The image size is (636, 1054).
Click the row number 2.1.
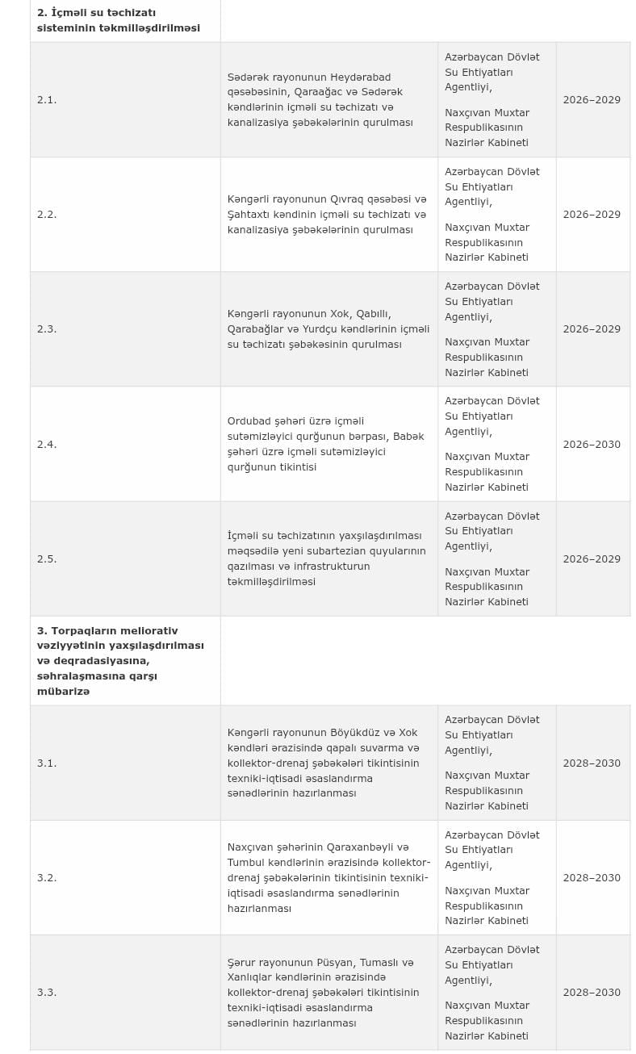click(47, 100)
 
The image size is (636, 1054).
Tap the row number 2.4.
click(47, 445)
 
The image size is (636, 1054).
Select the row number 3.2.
click(47, 878)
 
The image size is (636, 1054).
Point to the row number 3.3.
click(47, 993)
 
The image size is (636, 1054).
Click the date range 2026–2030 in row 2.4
click(592, 445)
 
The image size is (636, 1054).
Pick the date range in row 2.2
click(592, 215)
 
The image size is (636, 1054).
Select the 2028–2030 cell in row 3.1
click(592, 763)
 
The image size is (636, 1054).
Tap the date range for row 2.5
click(592, 559)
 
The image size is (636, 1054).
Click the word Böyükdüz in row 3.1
click(353, 733)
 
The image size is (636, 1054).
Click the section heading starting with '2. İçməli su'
click(118, 20)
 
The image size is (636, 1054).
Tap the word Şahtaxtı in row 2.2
click(252, 215)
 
